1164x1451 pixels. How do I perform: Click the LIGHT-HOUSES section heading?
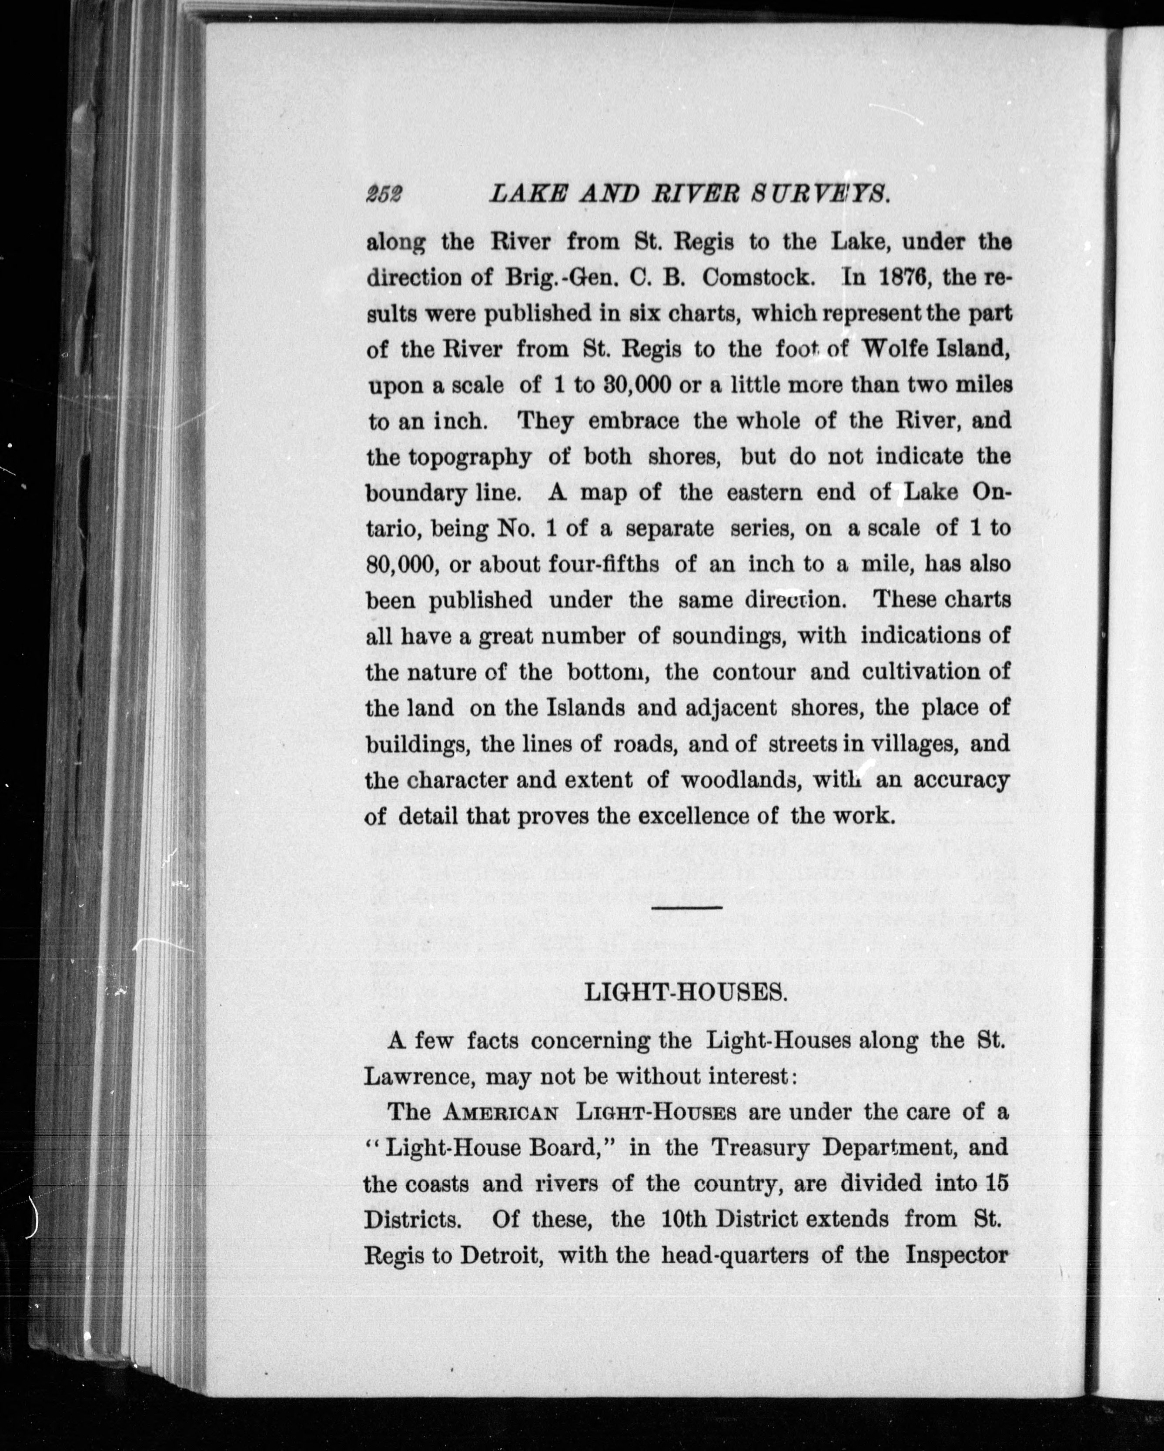[685, 993]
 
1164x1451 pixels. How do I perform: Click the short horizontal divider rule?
[687, 909]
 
